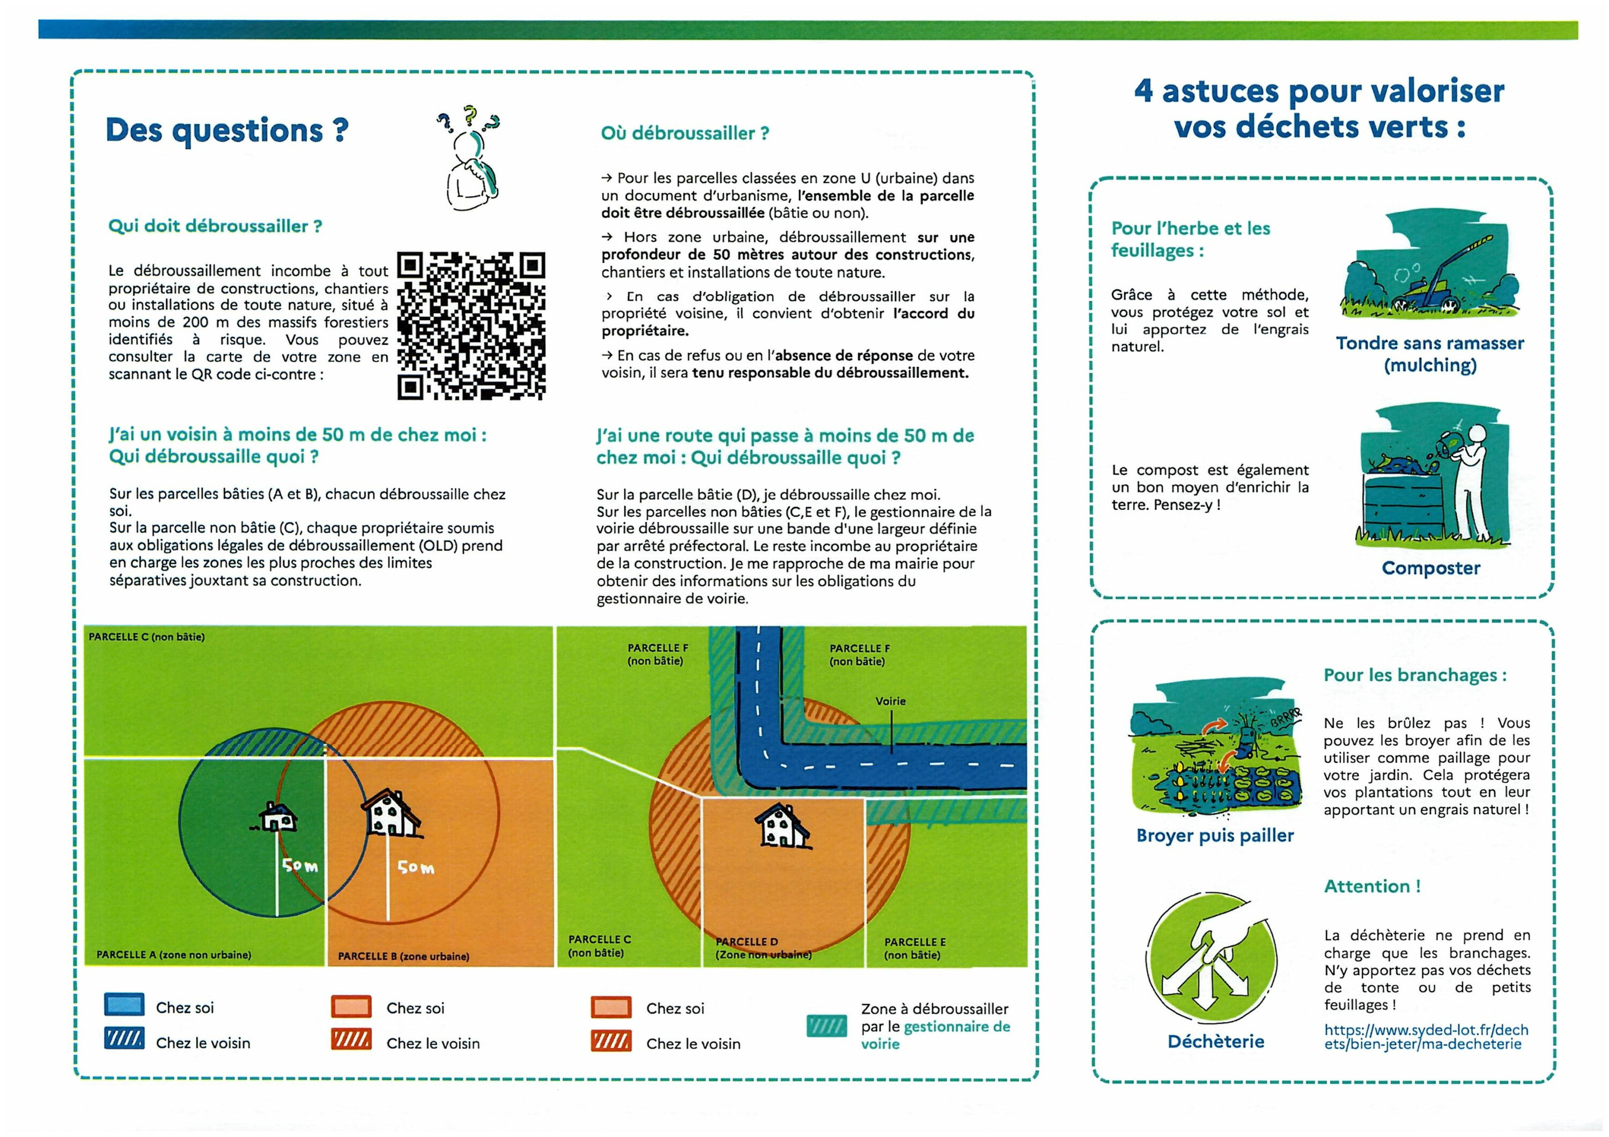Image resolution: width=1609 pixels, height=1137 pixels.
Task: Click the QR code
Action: (471, 326)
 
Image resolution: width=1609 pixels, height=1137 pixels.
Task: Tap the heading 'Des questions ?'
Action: (226, 130)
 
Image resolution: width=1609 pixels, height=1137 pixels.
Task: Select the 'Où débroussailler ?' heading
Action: (685, 133)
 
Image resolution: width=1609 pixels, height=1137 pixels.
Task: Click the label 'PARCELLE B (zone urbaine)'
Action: (403, 956)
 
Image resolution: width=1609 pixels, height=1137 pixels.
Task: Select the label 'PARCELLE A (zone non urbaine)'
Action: (173, 955)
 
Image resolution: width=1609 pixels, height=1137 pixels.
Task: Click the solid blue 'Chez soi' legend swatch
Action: (124, 1005)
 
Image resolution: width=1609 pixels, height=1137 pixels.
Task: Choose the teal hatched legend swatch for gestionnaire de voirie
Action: (826, 1027)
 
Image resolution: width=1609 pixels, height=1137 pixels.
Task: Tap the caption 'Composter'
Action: (1430, 568)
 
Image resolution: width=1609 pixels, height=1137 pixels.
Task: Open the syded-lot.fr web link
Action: (1426, 1037)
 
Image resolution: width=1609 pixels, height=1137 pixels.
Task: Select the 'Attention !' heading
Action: (1372, 886)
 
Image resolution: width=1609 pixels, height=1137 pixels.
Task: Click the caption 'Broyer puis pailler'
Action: (1214, 836)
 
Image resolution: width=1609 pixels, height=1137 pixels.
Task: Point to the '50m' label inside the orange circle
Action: (416, 868)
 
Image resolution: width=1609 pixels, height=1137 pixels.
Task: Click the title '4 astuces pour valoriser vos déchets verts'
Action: (1319, 109)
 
